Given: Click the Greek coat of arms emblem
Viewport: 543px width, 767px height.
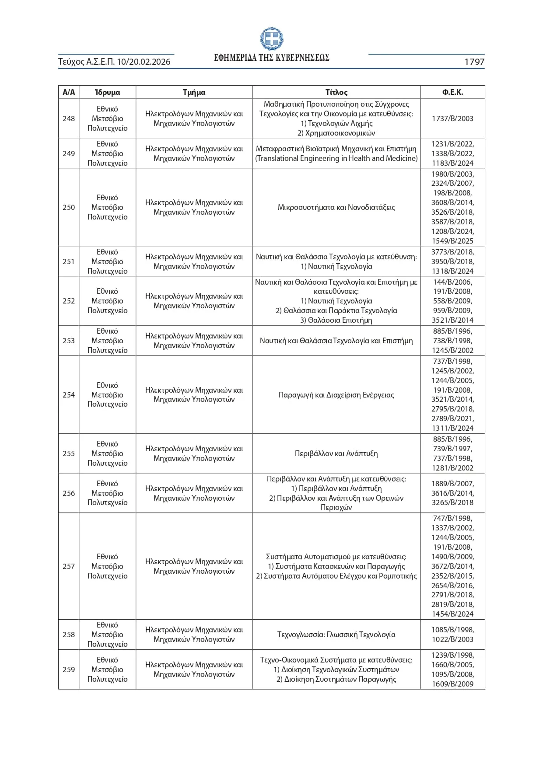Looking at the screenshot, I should [271, 39].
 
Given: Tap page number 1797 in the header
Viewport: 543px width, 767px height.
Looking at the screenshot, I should [474, 62].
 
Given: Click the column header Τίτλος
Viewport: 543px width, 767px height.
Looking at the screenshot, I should [336, 92].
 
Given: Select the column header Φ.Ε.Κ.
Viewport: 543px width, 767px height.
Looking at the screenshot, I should [452, 92].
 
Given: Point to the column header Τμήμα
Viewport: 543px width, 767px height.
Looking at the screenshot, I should [194, 92].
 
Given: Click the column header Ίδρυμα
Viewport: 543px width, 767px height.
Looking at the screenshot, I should [107, 92].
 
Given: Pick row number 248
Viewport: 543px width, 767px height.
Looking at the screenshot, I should [69, 119].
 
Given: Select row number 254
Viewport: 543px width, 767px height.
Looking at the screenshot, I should [69, 395].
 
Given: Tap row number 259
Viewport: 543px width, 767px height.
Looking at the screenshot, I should [69, 669].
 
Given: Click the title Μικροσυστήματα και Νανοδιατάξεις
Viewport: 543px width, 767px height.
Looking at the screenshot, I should [336, 207].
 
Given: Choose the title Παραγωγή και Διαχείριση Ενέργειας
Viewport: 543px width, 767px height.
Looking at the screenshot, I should [336, 395].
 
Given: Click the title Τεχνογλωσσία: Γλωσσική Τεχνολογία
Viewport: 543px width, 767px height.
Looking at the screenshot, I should [336, 635].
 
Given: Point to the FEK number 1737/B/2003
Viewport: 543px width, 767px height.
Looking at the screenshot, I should [452, 119].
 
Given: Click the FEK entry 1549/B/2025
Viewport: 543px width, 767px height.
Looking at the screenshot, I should [452, 241].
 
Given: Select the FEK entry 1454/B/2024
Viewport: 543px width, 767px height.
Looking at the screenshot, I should [452, 614].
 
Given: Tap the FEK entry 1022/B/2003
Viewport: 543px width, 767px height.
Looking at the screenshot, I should [452, 639].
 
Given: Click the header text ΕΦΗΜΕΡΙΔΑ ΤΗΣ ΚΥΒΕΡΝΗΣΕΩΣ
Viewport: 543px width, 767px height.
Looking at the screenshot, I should [271, 58].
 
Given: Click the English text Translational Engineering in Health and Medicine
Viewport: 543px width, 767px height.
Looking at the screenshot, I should [336, 158].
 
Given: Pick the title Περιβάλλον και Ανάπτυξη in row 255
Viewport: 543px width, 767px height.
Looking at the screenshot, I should [336, 453].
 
